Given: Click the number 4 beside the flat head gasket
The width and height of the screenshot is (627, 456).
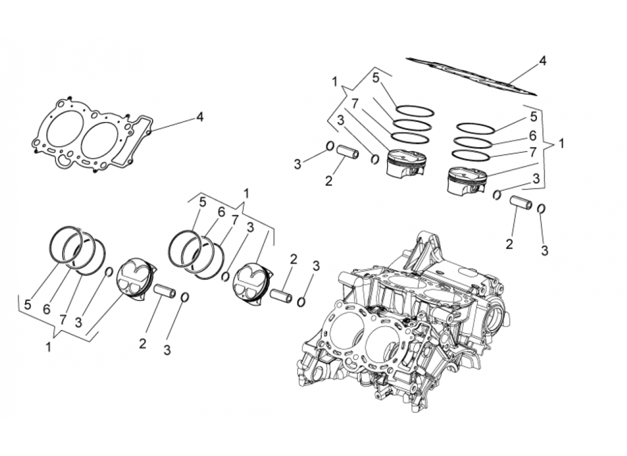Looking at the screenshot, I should coord(199,117).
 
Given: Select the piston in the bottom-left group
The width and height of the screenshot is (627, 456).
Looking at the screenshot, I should coord(136,278).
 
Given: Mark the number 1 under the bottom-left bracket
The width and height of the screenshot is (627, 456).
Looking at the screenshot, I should coord(49,347).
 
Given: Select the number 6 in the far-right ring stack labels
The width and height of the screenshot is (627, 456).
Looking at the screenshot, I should coord(532,136).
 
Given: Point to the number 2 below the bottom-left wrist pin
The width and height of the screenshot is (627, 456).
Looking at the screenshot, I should coord(142,343).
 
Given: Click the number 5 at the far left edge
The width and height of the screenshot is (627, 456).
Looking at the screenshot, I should coord(27,305).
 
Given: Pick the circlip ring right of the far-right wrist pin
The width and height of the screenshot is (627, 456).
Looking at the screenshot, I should coord(541,209).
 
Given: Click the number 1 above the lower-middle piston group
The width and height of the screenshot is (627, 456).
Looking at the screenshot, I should coord(246,193).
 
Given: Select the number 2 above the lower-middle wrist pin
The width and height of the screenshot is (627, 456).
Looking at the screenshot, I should coord(293,259).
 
